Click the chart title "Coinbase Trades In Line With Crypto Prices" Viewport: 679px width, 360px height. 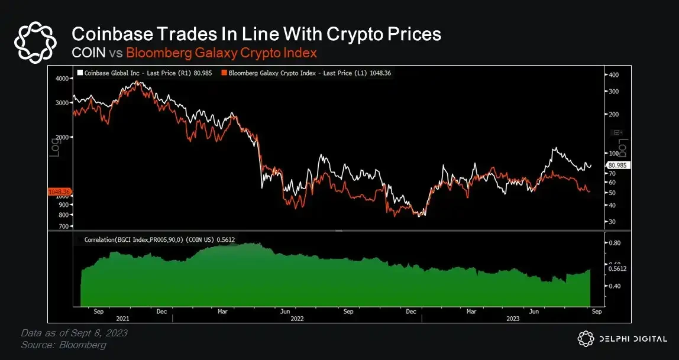coord(256,34)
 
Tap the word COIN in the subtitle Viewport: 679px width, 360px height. coord(88,53)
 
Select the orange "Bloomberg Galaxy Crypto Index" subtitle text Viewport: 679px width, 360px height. coord(221,53)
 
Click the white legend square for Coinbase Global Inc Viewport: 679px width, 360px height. coord(79,73)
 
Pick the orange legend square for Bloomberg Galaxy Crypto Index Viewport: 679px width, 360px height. coord(223,73)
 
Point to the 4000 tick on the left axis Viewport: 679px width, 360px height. coord(61,79)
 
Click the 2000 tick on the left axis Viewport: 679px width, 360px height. coord(61,137)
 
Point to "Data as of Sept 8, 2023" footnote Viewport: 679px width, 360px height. coord(74,333)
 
